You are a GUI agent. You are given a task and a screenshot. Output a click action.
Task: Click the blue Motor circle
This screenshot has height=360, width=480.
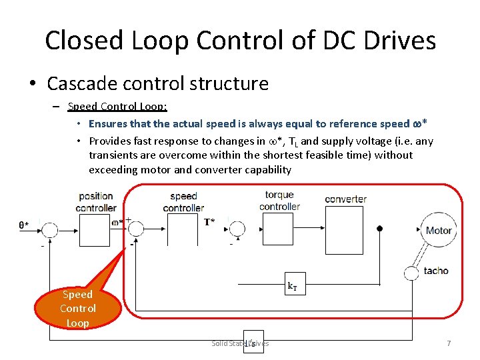pos(438,231)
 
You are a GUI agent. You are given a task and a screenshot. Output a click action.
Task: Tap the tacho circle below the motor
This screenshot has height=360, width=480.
pos(411,272)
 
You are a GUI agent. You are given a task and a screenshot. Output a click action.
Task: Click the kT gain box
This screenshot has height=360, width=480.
pos(292,287)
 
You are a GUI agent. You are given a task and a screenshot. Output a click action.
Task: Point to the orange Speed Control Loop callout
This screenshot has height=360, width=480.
pos(78,308)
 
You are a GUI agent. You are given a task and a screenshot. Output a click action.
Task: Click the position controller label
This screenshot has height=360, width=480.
pos(96,202)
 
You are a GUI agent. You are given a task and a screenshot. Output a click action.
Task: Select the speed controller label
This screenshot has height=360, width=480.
pos(183,202)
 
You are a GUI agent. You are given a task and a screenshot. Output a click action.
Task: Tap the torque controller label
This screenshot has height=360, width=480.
pos(279,201)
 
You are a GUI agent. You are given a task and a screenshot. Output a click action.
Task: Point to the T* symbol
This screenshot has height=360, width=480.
pos(209,222)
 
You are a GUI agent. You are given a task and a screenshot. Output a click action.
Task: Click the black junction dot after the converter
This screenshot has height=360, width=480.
pos(379,229)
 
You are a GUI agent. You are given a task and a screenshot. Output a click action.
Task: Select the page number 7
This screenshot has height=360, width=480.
pos(449,343)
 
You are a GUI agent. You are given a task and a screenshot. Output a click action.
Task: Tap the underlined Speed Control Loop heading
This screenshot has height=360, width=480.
pos(117,107)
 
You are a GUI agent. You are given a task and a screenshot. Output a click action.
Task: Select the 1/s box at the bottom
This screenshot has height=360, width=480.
pos(253,342)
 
